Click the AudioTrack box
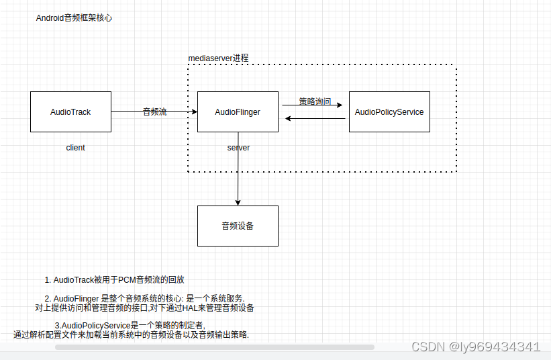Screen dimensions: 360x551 [70, 111]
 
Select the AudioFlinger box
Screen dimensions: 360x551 [238, 111]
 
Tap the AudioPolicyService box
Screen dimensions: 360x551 [389, 111]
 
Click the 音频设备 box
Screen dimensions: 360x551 [238, 226]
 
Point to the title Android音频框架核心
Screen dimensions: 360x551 [74, 18]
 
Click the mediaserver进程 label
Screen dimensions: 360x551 [218, 58]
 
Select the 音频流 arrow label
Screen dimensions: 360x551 [155, 112]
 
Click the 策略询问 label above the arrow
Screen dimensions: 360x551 [315, 101]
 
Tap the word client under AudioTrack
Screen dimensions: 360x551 [75, 148]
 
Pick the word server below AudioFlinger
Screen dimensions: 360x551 [238, 148]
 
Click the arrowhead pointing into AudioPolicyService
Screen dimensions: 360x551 [340, 105]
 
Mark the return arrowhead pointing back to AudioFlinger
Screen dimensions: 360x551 [288, 119]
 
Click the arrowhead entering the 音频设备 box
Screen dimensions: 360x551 [238, 202]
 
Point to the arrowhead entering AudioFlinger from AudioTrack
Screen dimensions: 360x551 [194, 111]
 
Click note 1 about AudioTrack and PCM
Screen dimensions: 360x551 [114, 279]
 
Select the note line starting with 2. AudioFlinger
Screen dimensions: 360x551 [145, 298]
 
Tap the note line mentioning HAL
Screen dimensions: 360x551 [144, 308]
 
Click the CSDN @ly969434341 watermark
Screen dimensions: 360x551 [475, 347]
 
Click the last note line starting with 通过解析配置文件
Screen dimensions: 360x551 [131, 334]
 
